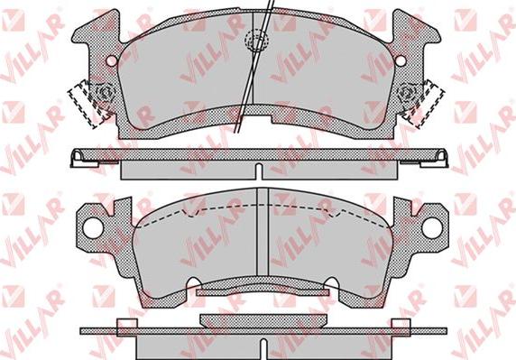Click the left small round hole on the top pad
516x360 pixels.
[112, 60]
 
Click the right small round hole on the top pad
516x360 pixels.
[401, 60]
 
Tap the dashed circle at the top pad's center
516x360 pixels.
[257, 41]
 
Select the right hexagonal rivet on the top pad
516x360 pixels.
[407, 92]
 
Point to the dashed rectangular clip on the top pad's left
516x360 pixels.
[88, 104]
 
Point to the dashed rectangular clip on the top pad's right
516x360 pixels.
[425, 104]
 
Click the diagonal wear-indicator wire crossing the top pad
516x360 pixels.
[254, 66]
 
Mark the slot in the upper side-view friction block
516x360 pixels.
[259, 171]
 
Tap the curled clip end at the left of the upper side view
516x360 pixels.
[78, 158]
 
